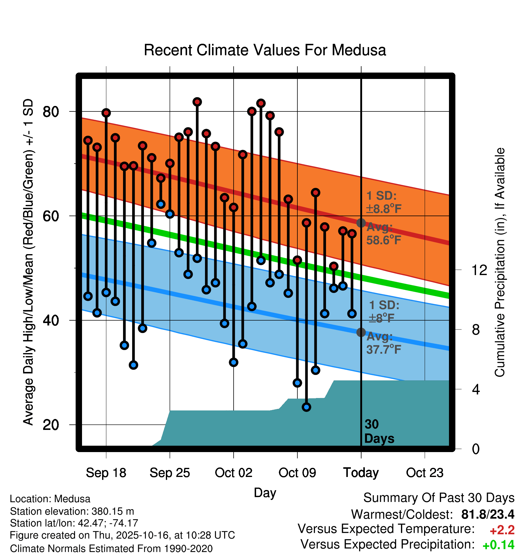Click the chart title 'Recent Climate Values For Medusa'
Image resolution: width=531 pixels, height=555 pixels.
[265, 50]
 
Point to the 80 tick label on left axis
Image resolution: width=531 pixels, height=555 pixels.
[51, 112]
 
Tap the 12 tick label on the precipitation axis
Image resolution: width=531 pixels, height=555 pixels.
[479, 270]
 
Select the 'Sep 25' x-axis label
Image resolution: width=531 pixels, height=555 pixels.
[170, 473]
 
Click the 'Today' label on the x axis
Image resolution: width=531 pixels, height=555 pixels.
[361, 473]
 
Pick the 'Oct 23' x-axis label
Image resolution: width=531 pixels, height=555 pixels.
[425, 473]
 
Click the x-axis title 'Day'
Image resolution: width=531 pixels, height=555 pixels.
[265, 492]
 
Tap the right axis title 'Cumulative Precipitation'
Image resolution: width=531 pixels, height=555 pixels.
[500, 263]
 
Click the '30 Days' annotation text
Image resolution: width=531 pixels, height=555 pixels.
[379, 431]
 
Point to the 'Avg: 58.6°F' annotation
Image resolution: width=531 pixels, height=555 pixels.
[383, 233]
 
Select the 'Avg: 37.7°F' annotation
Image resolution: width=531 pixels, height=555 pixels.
[383, 343]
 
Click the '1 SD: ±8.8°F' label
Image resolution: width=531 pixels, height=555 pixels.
[384, 202]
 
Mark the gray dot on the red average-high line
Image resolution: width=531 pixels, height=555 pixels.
[361, 223]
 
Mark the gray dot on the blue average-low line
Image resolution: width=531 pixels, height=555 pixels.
[361, 332]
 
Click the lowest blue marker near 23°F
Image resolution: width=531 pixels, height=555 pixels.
[307, 407]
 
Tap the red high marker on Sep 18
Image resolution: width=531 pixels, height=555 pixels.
[106, 113]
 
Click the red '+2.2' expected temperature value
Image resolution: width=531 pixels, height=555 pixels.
[502, 530]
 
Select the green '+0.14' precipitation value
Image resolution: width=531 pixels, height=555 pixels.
[498, 545]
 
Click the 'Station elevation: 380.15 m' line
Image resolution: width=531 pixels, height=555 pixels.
[72, 511]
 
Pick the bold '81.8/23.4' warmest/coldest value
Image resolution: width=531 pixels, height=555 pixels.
[488, 514]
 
